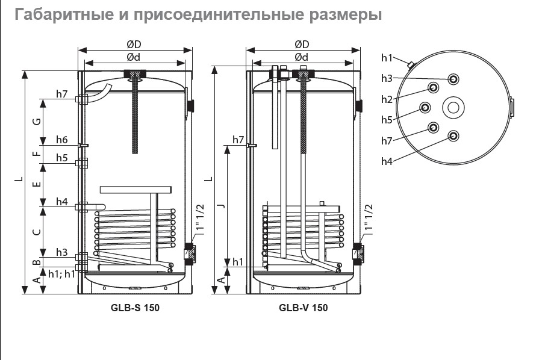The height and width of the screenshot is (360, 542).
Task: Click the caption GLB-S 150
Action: (x=135, y=308)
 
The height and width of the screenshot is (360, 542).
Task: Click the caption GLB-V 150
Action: (x=303, y=308)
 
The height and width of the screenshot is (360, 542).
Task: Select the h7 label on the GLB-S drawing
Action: (x=61, y=94)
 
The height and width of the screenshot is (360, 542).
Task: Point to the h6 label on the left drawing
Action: (x=61, y=140)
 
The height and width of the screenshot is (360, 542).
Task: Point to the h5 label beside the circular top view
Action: (x=387, y=120)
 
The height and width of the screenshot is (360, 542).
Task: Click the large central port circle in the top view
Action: (x=453, y=108)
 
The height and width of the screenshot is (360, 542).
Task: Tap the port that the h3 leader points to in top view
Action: (x=453, y=79)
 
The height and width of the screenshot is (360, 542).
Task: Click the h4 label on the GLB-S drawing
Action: (x=61, y=202)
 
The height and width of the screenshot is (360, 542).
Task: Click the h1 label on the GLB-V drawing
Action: (x=237, y=262)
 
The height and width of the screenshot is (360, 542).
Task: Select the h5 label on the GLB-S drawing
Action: (x=61, y=158)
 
